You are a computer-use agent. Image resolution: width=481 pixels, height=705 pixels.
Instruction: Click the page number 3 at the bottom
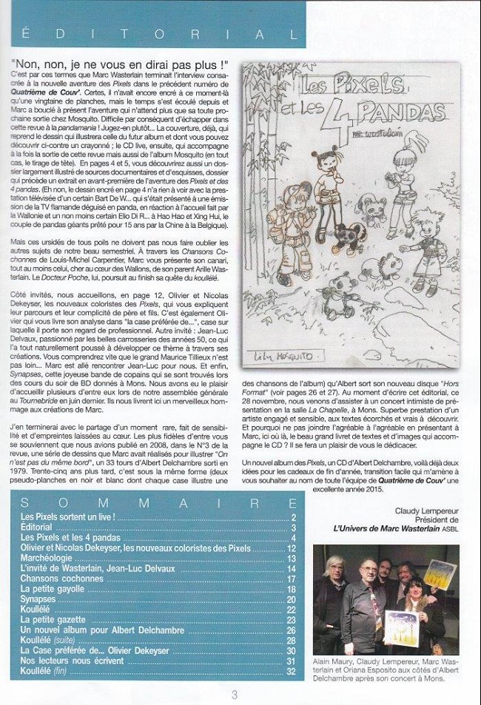(x=235, y=694)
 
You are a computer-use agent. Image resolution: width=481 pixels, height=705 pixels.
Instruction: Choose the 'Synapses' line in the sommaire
(x=38, y=599)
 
